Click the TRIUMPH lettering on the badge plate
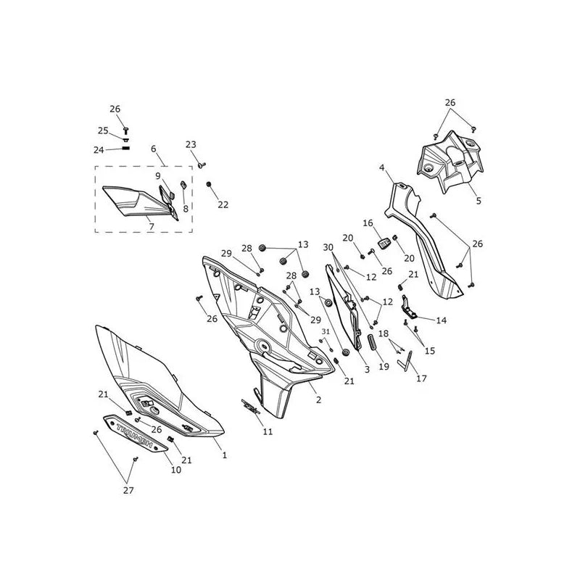tap(135, 435)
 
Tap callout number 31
tap(326, 332)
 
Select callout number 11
tap(268, 431)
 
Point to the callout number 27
tap(128, 491)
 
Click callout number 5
tap(478, 201)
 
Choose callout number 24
tap(99, 150)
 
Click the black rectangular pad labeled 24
tap(125, 149)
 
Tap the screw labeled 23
tap(202, 165)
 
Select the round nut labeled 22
tap(209, 184)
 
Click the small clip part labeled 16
tap(384, 244)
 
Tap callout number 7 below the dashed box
tap(152, 226)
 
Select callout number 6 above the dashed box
tap(154, 149)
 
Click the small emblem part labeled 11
tap(250, 407)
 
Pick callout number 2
tap(318, 400)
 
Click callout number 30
tap(328, 247)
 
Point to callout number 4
tap(382, 168)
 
